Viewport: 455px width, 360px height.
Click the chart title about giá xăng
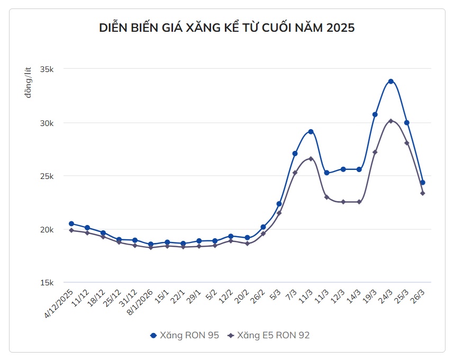coord(227,28)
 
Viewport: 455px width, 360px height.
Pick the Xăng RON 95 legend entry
coord(185,335)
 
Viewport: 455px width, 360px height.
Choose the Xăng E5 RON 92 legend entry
coord(268,335)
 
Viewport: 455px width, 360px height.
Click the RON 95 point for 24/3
coord(391,82)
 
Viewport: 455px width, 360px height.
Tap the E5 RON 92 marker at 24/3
coord(391,121)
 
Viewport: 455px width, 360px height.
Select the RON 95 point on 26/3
coord(423,183)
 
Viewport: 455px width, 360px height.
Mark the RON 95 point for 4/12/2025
coord(71,223)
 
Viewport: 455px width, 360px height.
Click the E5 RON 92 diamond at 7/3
coord(295,173)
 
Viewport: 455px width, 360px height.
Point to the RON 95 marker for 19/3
coord(375,114)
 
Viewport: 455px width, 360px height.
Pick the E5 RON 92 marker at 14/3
coord(359,202)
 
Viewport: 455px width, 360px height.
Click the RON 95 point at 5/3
coord(279,204)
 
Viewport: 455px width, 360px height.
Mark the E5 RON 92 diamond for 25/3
coord(407,143)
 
